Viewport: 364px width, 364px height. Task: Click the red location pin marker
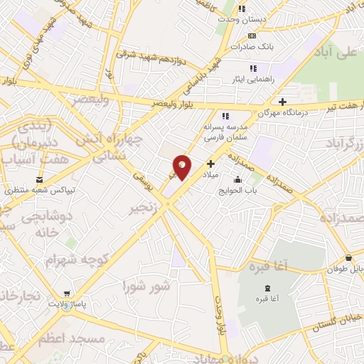(x=183, y=166)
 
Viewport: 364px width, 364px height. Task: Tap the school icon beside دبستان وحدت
(x=242, y=9)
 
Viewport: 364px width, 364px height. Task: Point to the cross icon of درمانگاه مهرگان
(x=283, y=102)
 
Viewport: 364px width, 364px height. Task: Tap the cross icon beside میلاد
(x=210, y=163)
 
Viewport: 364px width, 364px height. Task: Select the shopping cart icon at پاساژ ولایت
(x=67, y=294)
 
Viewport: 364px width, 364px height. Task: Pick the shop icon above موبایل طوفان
(x=348, y=258)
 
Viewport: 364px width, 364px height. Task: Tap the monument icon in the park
(x=267, y=287)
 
